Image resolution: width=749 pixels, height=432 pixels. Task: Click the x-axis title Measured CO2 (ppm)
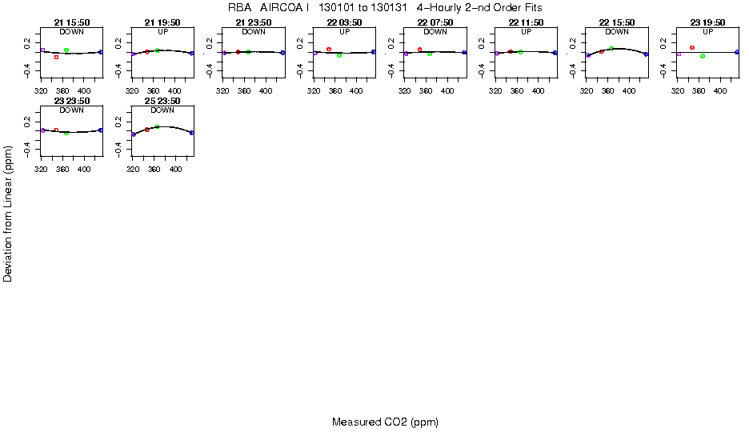tap(385, 422)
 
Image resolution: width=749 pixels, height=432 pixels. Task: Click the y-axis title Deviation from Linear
tap(8, 213)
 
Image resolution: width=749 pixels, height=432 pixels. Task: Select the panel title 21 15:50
tap(71, 23)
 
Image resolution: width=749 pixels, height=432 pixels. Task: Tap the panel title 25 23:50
tap(162, 101)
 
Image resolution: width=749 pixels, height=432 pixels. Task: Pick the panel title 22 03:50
tap(344, 23)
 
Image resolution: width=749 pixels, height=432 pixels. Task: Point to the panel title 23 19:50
tap(707, 23)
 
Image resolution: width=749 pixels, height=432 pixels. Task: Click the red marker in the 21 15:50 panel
tap(56, 58)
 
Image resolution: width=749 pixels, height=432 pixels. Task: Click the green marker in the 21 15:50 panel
tap(66, 50)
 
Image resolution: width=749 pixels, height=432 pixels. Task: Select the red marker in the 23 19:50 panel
tap(692, 48)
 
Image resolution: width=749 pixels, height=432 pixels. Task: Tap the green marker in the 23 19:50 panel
tap(702, 56)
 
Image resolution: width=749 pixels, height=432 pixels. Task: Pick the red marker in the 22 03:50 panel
tap(329, 50)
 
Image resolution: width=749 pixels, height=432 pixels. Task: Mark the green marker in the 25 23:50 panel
tap(158, 127)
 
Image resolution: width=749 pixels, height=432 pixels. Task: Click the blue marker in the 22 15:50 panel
tap(646, 54)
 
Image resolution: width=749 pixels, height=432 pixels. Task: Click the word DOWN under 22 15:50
tap(617, 32)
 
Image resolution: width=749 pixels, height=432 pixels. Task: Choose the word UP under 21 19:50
tap(162, 32)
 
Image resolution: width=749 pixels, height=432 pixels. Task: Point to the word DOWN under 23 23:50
tap(71, 110)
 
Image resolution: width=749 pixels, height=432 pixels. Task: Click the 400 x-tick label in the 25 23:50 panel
tap(174, 170)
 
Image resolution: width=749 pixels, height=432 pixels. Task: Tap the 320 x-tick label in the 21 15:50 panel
tap(42, 92)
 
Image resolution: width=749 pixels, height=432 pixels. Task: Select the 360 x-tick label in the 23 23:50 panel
tap(62, 170)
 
